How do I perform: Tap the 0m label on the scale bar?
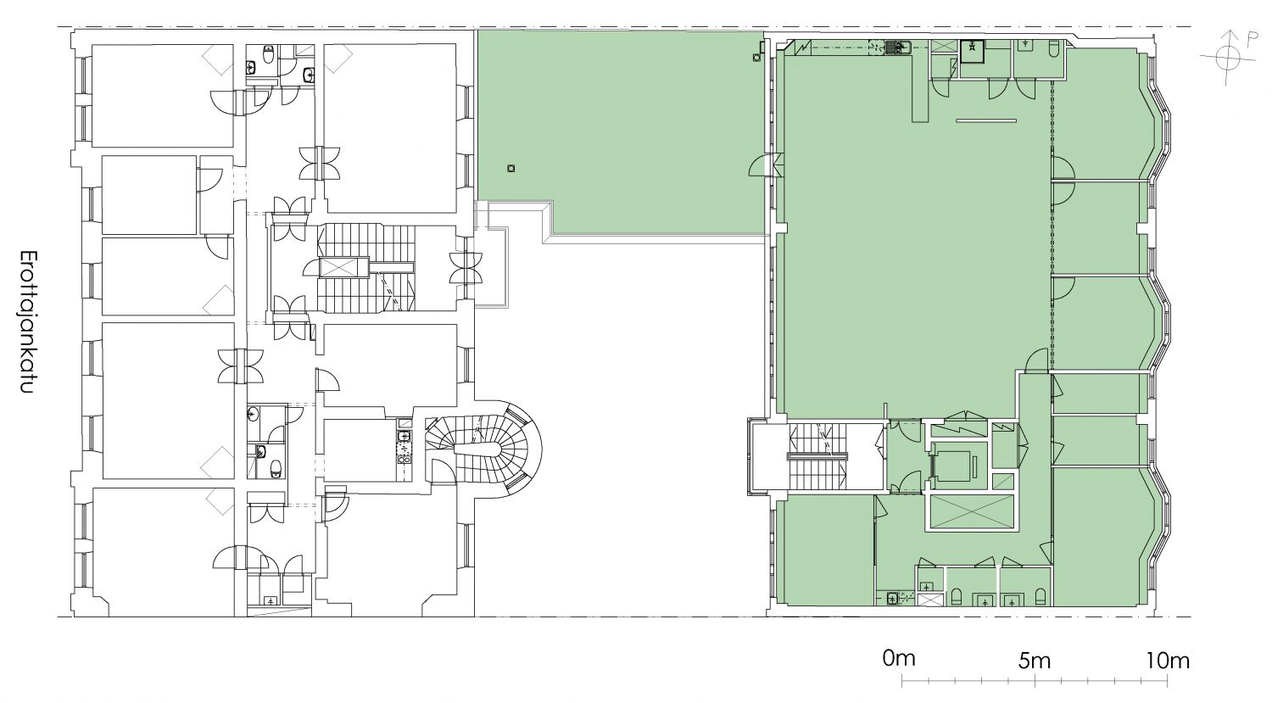[x=898, y=659]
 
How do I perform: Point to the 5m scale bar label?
[x=1034, y=661]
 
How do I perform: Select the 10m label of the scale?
[x=1168, y=661]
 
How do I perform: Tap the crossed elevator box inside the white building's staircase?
[x=344, y=267]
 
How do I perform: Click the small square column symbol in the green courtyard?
[x=511, y=168]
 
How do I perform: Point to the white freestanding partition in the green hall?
[x=985, y=120]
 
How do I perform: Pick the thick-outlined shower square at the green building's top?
[x=974, y=51]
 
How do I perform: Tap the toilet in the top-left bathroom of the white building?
[x=269, y=54]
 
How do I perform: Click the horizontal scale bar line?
[x=1035, y=680]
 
